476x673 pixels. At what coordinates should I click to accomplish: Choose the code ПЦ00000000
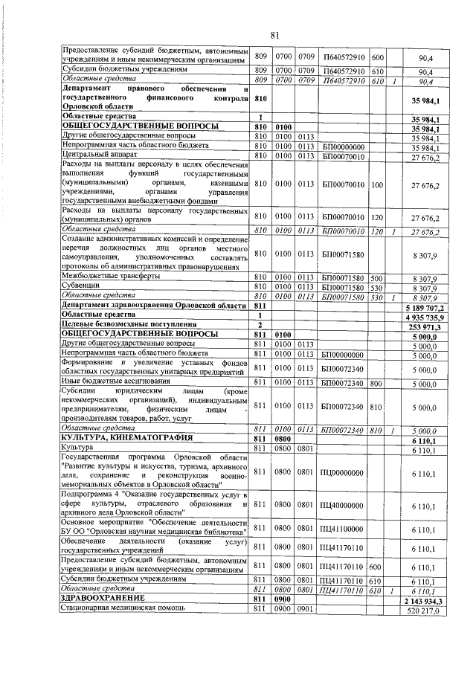341,472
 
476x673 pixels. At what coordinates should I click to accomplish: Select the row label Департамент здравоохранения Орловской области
153,306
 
